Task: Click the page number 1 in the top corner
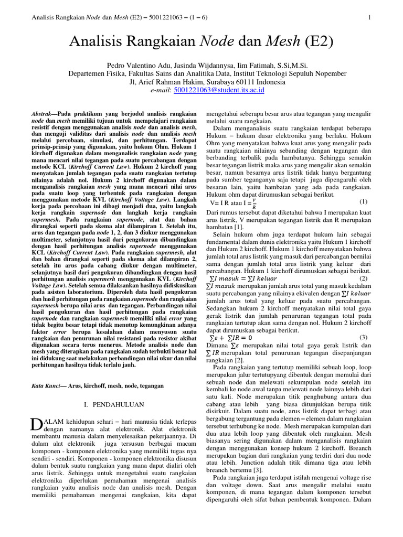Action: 370,17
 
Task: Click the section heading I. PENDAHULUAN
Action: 111,406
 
